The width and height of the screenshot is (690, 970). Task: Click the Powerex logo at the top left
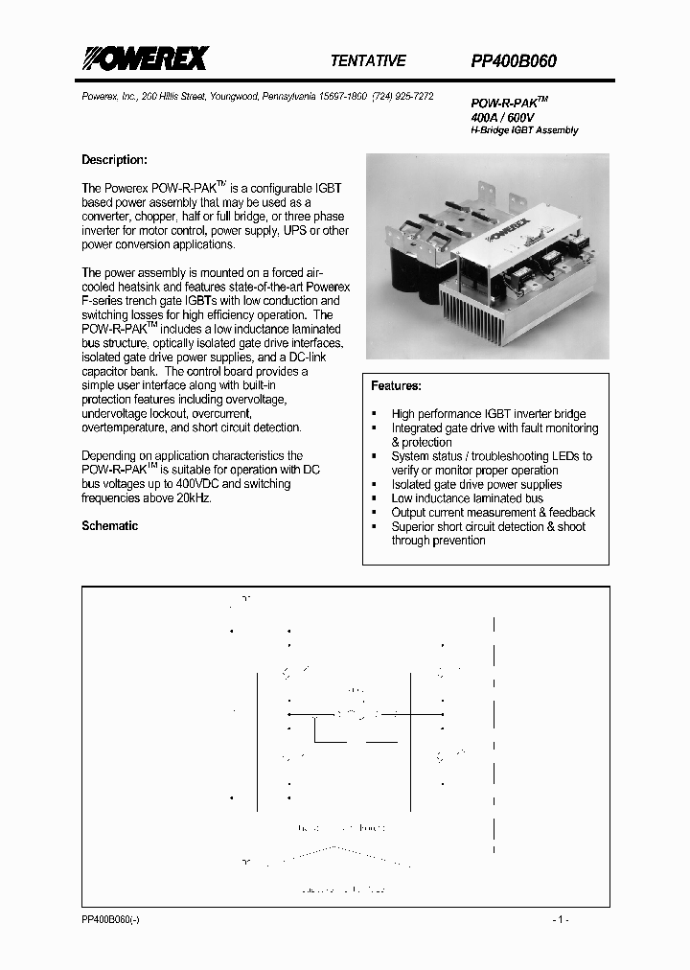coord(144,59)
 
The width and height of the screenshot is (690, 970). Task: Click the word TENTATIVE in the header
coord(368,60)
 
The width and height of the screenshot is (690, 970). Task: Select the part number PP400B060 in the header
coord(514,60)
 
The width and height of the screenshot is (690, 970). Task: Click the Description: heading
coord(114,160)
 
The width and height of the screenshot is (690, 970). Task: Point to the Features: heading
coord(396,385)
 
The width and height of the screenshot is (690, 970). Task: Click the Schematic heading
coord(109,526)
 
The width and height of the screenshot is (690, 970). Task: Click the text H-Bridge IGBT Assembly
coord(524,129)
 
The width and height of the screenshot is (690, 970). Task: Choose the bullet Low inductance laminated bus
coord(467,498)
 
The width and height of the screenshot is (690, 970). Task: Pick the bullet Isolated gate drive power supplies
coord(476,484)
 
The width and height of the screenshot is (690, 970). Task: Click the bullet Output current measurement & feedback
coord(493,513)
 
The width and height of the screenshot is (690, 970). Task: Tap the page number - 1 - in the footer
coord(561,919)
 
